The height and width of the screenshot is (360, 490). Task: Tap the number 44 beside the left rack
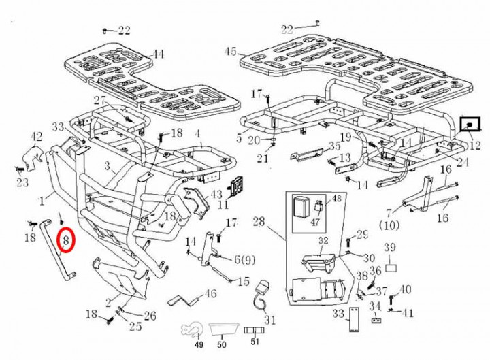(158, 54)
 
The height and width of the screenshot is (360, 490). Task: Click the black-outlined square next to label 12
(470, 125)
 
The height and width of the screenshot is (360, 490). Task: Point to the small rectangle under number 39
(391, 260)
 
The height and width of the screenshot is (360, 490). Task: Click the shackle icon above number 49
(191, 329)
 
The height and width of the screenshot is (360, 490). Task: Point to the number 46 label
(210, 294)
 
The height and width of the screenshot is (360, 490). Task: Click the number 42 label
(37, 138)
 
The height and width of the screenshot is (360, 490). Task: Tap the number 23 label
(22, 182)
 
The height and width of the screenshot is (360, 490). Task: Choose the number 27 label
(100, 101)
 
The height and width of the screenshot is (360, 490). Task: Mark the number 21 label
(263, 159)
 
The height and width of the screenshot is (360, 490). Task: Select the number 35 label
(334, 146)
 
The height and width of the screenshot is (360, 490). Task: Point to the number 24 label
(463, 162)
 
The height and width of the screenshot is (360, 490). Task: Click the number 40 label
(406, 290)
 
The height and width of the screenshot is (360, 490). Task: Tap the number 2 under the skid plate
(108, 302)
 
